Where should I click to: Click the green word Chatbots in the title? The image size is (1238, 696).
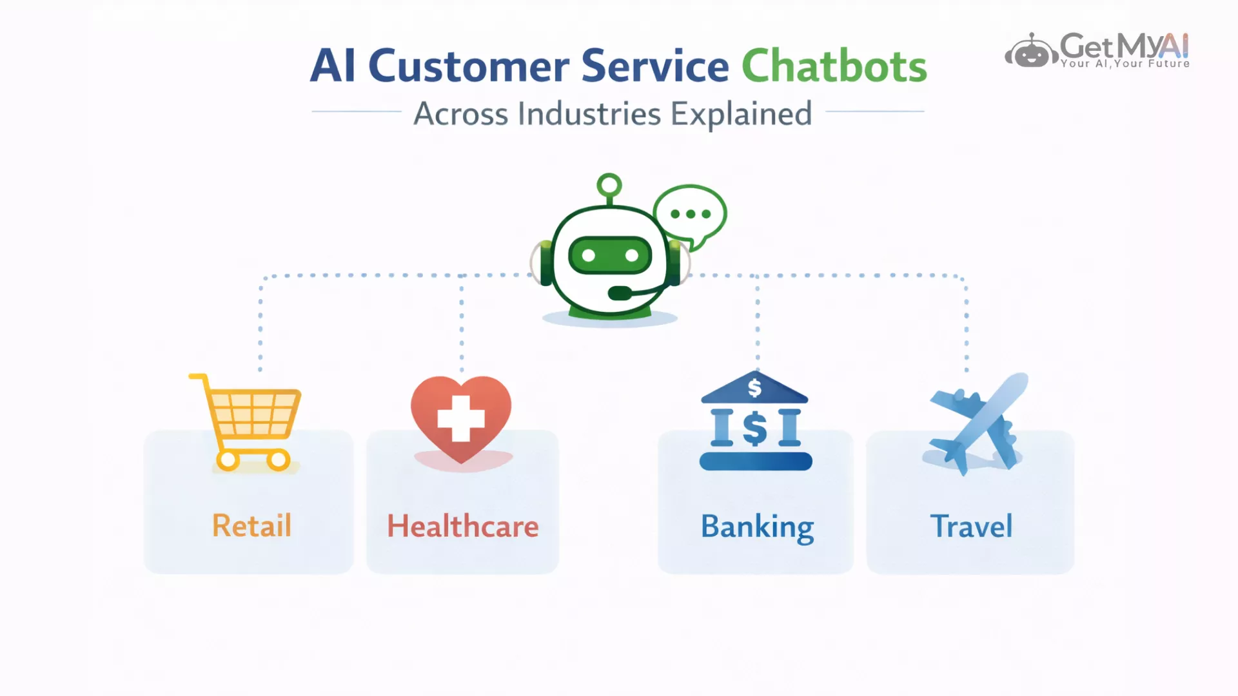point(834,66)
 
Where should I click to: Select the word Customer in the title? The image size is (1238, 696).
point(468,66)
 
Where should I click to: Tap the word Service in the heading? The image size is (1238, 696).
point(654,66)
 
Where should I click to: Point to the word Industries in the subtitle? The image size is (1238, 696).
point(589,114)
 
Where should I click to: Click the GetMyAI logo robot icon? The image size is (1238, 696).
point(1031,52)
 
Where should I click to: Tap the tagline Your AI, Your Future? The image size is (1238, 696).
point(1125,64)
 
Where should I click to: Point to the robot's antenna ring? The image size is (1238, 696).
point(609,186)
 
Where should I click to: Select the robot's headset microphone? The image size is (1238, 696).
point(620,293)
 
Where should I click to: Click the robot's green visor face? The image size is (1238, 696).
point(609,256)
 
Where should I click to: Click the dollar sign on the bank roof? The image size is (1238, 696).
point(754,388)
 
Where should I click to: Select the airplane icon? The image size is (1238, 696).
point(976,423)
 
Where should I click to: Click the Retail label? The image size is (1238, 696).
point(251,526)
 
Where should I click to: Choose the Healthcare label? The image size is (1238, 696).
point(462,527)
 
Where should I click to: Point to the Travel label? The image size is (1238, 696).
point(971,527)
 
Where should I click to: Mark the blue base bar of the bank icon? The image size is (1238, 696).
point(756,461)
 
